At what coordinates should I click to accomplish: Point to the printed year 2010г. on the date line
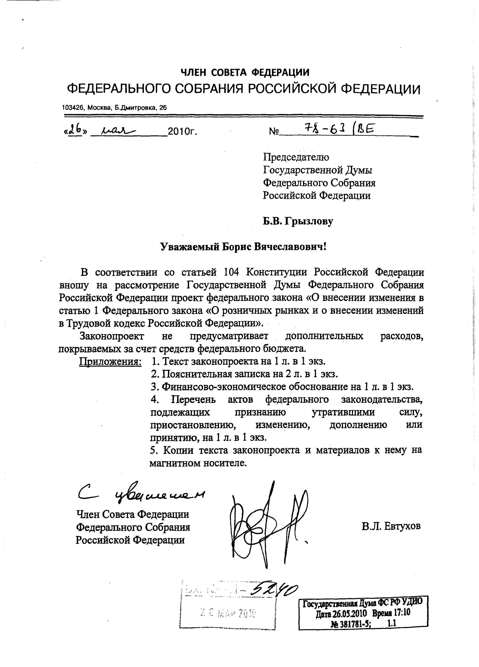(182, 132)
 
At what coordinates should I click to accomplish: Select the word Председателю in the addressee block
(296, 157)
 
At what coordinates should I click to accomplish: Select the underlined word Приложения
(110, 361)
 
